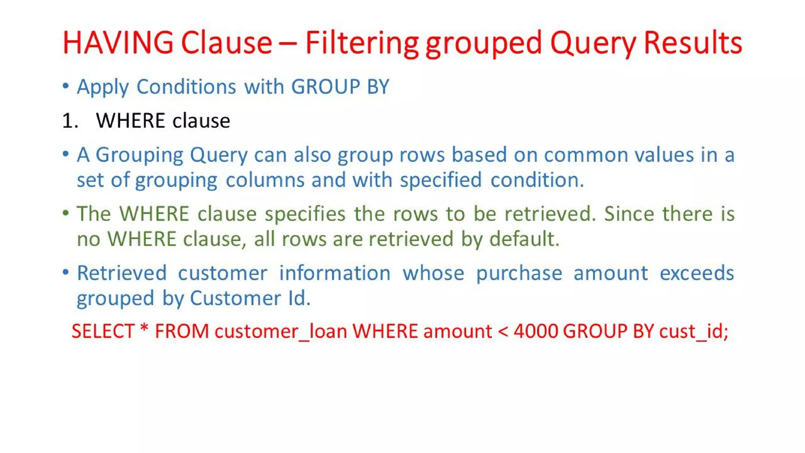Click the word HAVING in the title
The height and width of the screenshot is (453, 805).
118,42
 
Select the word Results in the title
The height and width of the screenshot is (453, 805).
693,42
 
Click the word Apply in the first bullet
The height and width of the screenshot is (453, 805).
103,87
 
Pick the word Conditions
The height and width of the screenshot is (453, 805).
186,87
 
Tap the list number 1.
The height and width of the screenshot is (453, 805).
70,120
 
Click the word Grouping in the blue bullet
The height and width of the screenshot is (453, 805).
139,155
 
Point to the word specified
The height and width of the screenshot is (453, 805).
441,180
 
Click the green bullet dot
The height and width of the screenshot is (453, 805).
66,213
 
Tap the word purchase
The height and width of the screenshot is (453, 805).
519,273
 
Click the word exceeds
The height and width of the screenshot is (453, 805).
697,273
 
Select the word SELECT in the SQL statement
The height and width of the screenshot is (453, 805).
103,331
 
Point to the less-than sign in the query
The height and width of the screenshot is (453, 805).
503,331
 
